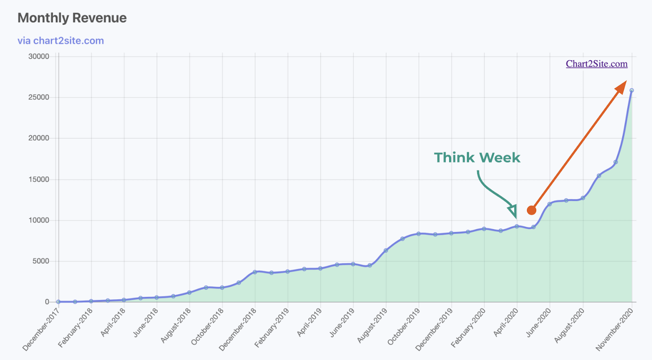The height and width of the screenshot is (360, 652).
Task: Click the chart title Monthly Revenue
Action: [x=72, y=18]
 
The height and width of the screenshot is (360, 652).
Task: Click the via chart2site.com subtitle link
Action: [x=61, y=41]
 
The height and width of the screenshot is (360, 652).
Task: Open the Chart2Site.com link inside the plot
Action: [x=597, y=64]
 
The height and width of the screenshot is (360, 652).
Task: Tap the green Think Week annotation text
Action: [x=477, y=158]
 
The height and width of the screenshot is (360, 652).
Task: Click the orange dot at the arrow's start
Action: [x=531, y=210]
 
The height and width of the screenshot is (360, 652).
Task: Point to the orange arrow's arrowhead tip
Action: [x=625, y=82]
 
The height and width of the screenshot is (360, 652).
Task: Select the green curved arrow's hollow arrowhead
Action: [x=513, y=211]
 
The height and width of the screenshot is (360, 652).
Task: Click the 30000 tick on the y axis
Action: [x=39, y=57]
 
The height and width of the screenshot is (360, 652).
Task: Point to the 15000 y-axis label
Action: [x=39, y=179]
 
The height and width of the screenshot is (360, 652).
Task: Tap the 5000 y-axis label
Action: [x=41, y=261]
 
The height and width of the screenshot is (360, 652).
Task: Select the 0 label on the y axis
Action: [x=47, y=302]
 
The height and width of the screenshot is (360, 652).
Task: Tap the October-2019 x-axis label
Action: [x=403, y=327]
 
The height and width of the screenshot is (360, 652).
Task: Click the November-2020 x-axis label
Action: [x=614, y=329]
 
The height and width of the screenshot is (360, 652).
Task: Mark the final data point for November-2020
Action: [x=632, y=91]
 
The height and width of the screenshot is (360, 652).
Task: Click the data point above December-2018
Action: [x=255, y=272]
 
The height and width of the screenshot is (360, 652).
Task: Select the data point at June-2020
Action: [x=550, y=204]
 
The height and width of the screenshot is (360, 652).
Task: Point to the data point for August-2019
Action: [x=386, y=250]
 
